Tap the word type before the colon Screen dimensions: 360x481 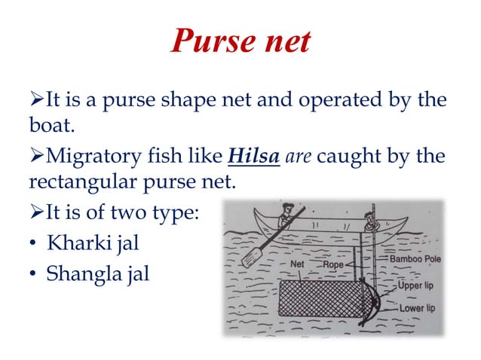[173, 214]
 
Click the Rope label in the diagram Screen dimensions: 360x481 [332, 265]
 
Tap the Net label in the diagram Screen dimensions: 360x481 [298, 265]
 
